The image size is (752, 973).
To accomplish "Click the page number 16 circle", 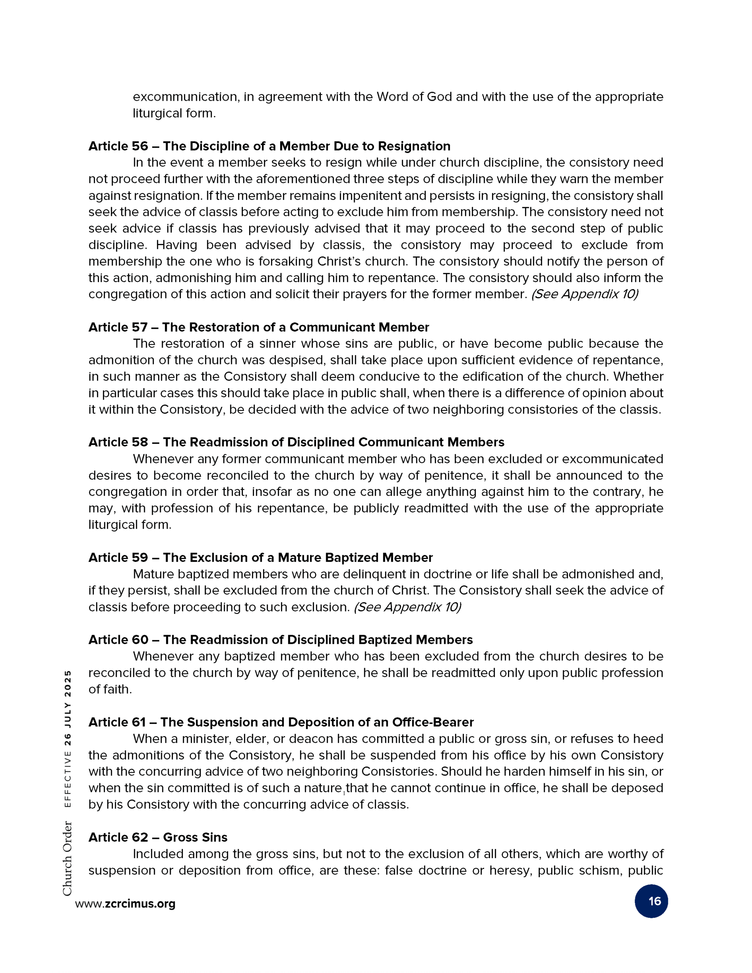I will point(651,901).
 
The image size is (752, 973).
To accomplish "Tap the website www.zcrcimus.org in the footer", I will point(125,903).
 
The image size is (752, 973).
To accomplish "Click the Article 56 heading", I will point(269,146).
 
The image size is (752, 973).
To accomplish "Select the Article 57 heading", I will point(259,327).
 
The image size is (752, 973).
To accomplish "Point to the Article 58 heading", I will point(296,442).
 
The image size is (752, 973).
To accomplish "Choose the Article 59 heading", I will point(260,557).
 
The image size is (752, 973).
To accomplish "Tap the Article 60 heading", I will point(280,640).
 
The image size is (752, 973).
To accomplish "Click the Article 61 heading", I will point(281,722).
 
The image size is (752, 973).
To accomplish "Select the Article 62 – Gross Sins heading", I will point(158,837).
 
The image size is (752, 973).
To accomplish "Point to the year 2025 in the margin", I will point(67,684).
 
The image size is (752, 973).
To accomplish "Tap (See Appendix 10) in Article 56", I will point(584,294).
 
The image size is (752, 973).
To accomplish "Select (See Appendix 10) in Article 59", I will point(407,607).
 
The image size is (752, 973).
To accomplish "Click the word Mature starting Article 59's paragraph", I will point(153,574).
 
